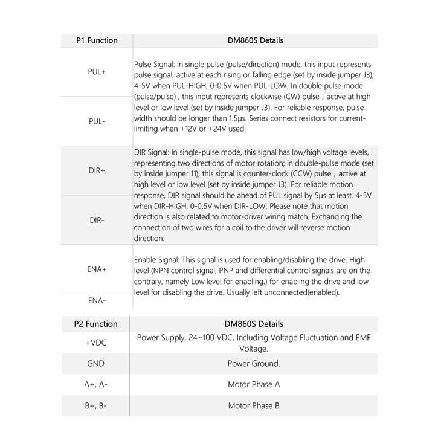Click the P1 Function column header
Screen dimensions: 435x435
coord(97,40)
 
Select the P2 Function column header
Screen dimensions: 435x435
coord(97,324)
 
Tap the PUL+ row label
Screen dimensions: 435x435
coord(97,71)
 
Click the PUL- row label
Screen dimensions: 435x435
coord(97,121)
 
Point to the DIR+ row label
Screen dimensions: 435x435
coord(97,171)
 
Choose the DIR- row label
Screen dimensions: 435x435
coord(97,220)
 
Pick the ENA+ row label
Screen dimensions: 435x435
coord(97,269)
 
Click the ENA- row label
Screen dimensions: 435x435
coord(97,300)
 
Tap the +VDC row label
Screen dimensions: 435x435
coord(97,342)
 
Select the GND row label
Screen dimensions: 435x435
coord(97,363)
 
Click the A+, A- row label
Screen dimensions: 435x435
coord(97,384)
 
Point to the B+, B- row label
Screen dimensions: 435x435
coord(97,405)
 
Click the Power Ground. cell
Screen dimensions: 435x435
coord(254,363)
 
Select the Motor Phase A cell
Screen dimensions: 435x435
coord(254,384)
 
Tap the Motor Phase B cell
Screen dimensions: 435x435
coord(254,405)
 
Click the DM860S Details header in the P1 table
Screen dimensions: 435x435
coord(254,40)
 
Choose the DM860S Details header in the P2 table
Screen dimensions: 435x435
coord(254,324)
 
